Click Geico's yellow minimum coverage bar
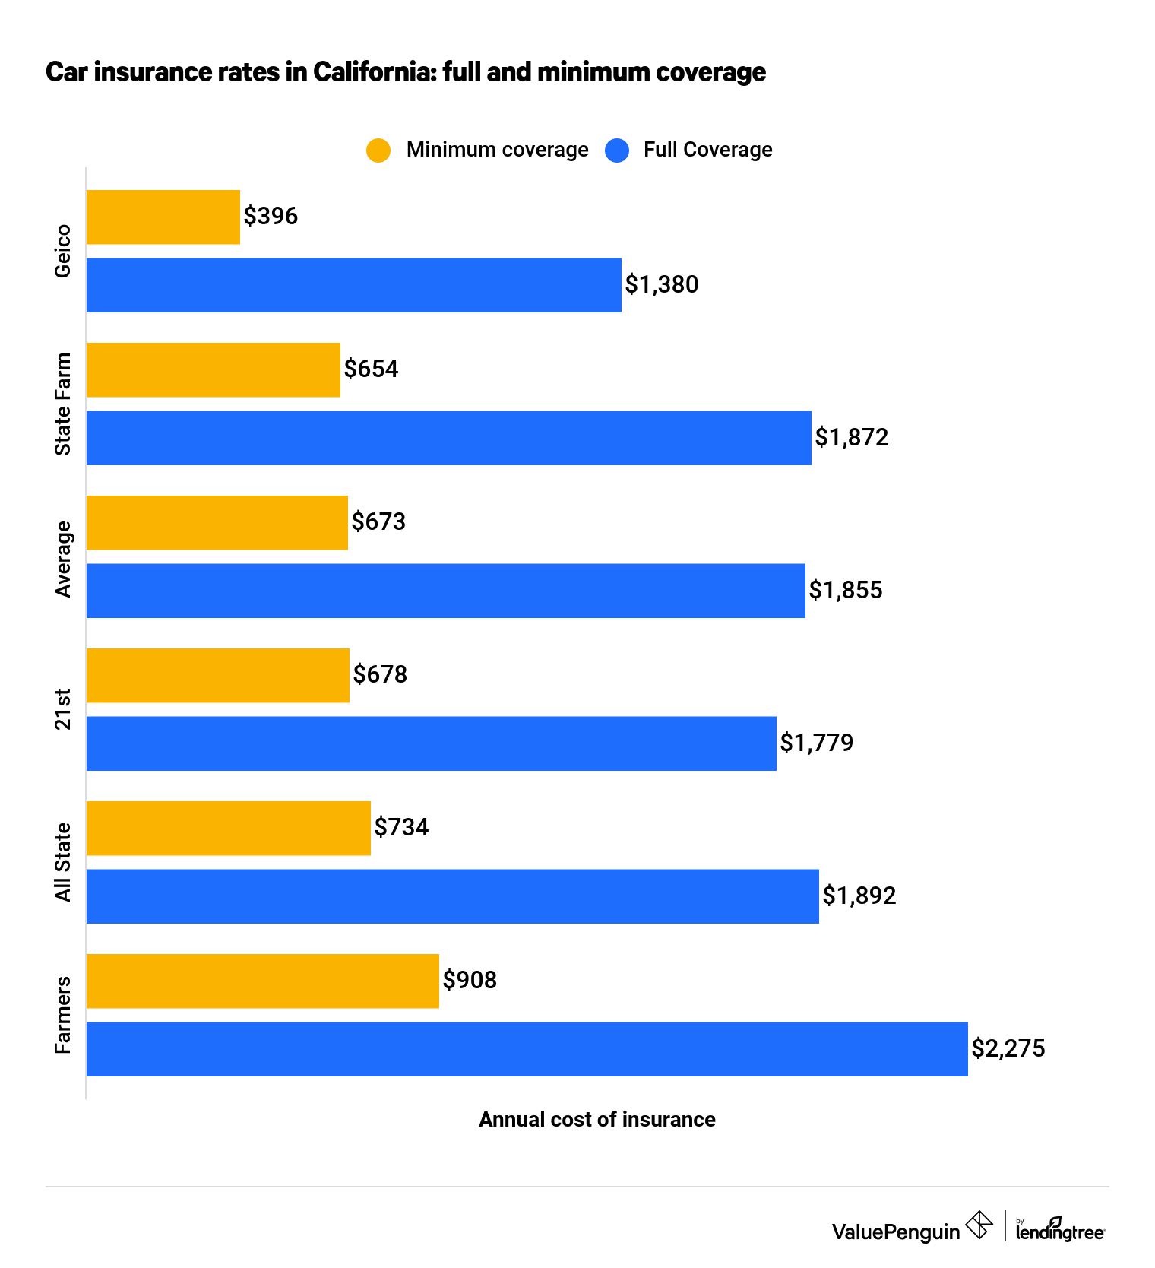click(163, 217)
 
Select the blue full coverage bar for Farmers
click(527, 1049)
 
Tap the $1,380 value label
click(661, 284)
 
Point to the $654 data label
click(371, 369)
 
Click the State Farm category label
click(63, 404)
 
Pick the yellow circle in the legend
click(378, 150)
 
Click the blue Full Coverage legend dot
click(617, 150)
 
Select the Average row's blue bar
click(445, 591)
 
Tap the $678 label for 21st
click(380, 674)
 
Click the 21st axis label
click(63, 709)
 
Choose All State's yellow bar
click(228, 828)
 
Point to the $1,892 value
click(859, 896)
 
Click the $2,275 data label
click(1008, 1048)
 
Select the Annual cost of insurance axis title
click(596, 1119)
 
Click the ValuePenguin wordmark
click(895, 1232)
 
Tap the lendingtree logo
click(1059, 1230)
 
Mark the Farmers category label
click(63, 1015)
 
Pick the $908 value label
click(470, 980)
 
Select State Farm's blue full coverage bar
click(448, 438)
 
